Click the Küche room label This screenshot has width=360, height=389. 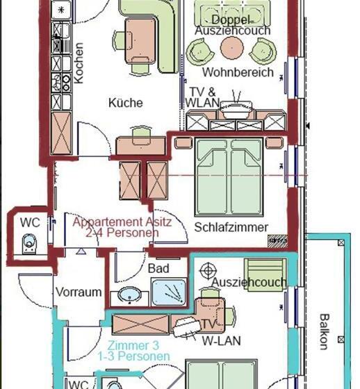click(126, 103)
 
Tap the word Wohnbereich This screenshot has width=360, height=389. click(238, 72)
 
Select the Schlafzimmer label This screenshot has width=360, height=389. click(231, 227)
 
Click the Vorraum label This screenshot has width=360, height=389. click(79, 292)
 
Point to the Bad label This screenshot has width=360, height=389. click(158, 268)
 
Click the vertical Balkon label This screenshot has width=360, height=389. click(324, 332)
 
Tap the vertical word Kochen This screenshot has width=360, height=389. click(79, 63)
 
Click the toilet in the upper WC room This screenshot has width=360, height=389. click(29, 244)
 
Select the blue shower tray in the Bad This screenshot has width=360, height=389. click(169, 292)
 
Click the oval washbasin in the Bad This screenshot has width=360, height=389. click(129, 295)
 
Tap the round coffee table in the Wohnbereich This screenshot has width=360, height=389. click(231, 47)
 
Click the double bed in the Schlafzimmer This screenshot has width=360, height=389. click(229, 177)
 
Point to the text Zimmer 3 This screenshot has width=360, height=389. click(133, 345)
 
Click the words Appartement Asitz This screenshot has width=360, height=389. click(122, 222)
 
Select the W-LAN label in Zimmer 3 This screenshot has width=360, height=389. click(222, 341)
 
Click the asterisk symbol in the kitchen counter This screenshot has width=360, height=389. click(61, 10)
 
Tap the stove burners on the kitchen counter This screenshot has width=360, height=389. click(61, 82)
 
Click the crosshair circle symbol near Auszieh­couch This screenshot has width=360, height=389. click(208, 271)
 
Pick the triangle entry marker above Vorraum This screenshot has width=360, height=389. click(81, 251)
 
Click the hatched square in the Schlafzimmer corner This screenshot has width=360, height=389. click(277, 240)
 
